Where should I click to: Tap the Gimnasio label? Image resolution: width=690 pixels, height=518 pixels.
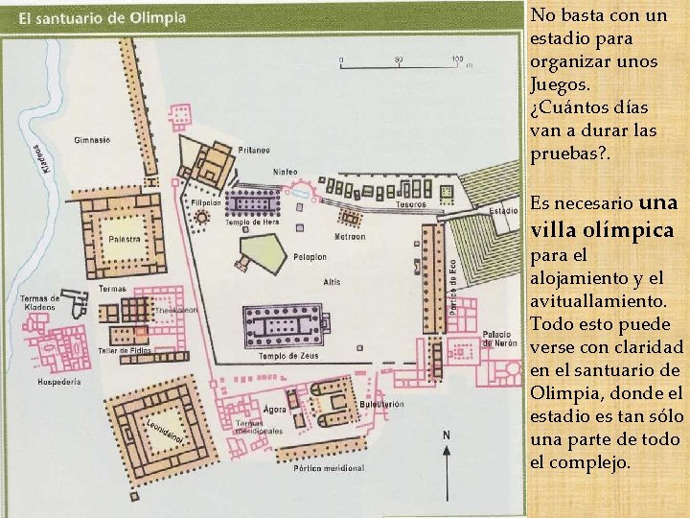coord(92,140)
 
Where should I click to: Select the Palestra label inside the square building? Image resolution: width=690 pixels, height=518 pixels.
coord(125,239)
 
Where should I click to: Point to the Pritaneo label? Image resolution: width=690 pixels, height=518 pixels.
coord(255,150)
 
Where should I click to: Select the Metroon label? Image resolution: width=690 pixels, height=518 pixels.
coord(349,236)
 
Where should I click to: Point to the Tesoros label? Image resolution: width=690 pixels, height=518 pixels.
coord(409,204)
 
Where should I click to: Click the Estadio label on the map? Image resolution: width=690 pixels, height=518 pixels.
coord(504,210)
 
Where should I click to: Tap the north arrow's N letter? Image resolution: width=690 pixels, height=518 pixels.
coord(445,435)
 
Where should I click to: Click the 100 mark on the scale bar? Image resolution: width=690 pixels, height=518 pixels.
coord(457,58)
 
